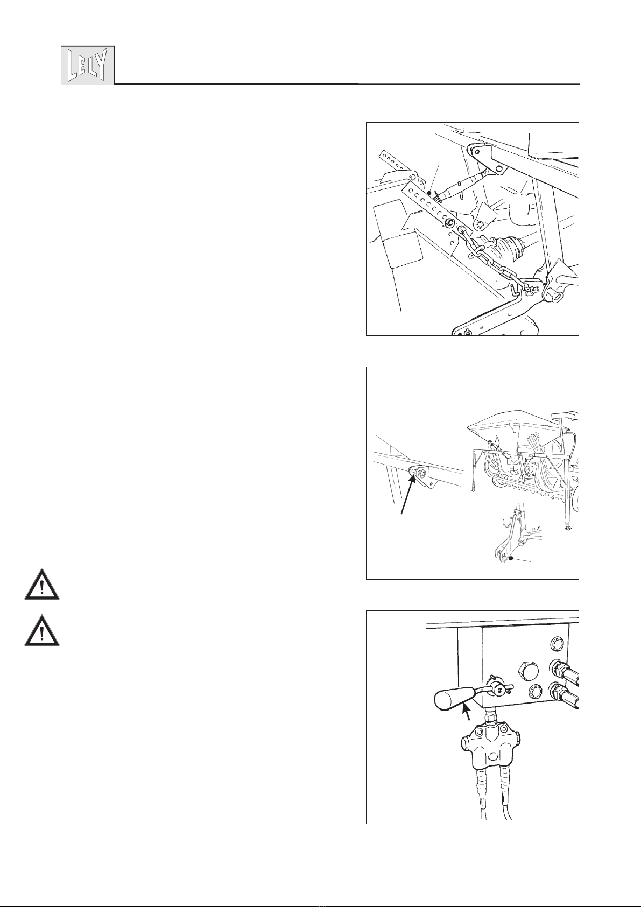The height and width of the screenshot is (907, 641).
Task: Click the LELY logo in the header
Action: coord(88,65)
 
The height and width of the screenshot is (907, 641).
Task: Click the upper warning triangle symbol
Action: coord(41,585)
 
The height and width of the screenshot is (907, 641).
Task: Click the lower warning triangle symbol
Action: coord(41,631)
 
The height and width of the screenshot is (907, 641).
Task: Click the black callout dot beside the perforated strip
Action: coord(429,193)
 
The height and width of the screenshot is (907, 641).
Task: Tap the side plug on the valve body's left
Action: coord(465,743)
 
